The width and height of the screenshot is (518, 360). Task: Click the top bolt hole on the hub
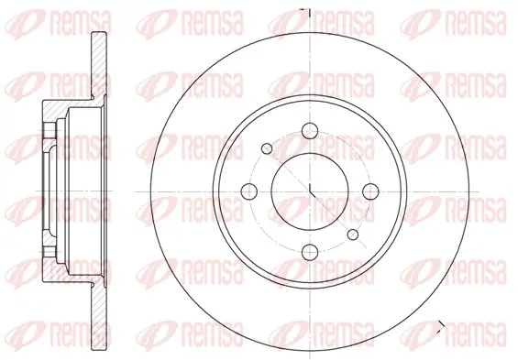[310, 130]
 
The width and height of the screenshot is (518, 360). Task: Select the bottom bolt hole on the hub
[310, 252]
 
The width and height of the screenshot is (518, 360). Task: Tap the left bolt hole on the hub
[249, 191]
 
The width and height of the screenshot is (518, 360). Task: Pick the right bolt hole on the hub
[370, 191]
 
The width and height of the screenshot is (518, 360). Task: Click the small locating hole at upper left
[267, 148]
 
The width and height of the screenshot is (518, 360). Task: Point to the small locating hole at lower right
[353, 235]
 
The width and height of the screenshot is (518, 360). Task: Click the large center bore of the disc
[310, 191]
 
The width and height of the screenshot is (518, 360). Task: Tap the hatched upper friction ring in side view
[99, 65]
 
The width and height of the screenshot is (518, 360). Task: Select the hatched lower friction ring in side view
[99, 316]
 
